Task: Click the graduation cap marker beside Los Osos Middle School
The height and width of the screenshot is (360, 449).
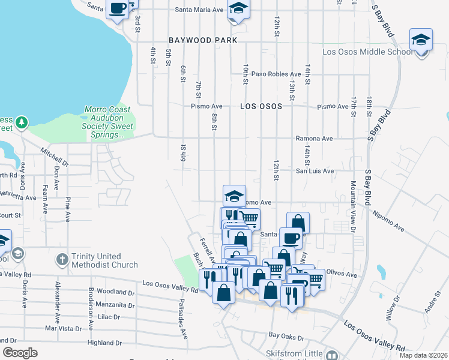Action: coord(421,41)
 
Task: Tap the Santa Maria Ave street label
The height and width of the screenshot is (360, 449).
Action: coord(199,10)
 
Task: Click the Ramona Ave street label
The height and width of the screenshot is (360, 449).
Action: coord(313,139)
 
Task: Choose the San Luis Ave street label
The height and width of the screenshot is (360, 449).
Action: coord(314,171)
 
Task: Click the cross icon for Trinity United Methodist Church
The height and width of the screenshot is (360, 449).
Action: coord(61,259)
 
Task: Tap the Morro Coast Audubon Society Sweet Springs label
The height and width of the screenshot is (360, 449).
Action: coord(109,122)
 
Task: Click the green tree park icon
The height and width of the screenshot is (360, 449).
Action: coord(22,122)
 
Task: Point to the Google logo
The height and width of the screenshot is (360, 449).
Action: coord(20,353)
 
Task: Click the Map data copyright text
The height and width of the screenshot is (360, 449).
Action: coord(423,355)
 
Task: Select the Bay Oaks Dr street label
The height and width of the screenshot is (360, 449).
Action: coord(286,335)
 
